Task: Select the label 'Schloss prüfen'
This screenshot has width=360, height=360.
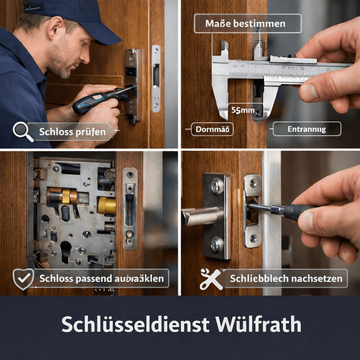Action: (72, 132)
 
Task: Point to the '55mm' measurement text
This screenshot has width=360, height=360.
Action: (243, 110)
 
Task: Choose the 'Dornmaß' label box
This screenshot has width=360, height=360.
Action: (212, 129)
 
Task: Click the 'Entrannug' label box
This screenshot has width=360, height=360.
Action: (307, 129)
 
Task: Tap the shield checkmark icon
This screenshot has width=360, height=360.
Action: (23, 279)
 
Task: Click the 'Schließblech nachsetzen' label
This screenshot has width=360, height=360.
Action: (285, 279)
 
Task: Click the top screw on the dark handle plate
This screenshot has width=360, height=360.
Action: (217, 186)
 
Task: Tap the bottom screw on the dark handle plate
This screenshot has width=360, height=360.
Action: (217, 244)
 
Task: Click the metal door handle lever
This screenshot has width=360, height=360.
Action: (200, 216)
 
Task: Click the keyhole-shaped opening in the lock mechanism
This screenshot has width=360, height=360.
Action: (65, 250)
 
